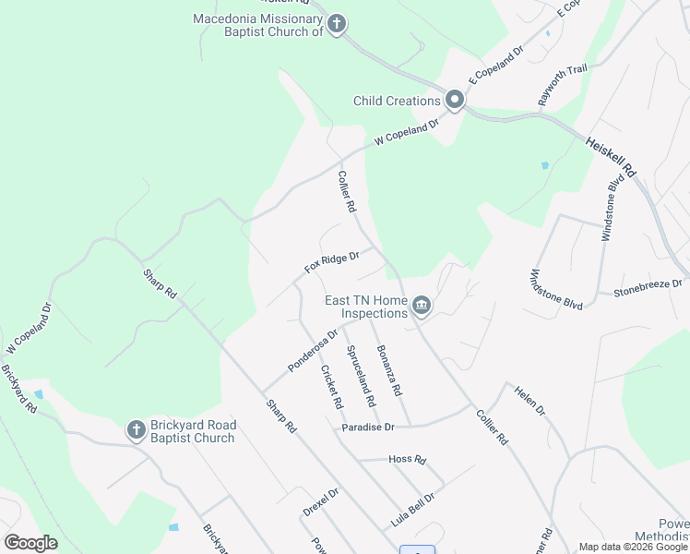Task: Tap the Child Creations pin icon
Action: coord(455,100)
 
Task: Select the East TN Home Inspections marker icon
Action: coord(422,305)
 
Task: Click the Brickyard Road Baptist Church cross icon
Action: coord(136,430)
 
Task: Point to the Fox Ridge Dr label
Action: coord(331,262)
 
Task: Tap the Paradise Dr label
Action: coord(368,427)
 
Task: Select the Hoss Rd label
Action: coord(407,459)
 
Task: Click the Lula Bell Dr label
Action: coord(412,509)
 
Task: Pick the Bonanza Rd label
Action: coord(388,369)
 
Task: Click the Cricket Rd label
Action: coord(330,387)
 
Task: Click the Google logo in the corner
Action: coord(31,543)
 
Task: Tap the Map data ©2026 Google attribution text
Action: coord(633,547)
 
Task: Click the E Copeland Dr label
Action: coord(495,65)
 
